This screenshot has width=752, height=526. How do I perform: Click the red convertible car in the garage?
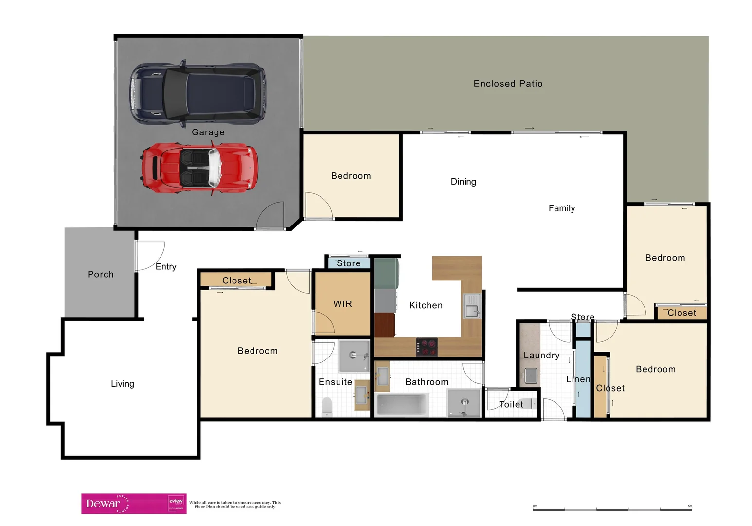click(199, 168)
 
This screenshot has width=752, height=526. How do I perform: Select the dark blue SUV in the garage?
click(197, 93)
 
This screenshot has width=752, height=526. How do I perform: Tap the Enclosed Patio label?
click(508, 84)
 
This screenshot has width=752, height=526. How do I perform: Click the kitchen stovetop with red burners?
click(427, 347)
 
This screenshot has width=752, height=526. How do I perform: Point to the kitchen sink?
click(471, 306)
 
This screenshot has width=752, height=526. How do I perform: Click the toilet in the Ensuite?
click(327, 407)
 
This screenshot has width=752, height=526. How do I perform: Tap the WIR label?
click(342, 304)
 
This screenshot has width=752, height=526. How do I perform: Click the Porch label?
click(101, 274)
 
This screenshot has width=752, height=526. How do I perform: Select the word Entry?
click(166, 267)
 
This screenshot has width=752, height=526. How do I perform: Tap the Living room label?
click(123, 384)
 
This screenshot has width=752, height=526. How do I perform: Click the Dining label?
click(463, 182)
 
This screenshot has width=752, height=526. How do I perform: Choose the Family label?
click(562, 208)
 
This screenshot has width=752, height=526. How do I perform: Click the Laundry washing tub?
click(531, 376)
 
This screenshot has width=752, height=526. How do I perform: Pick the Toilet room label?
click(511, 404)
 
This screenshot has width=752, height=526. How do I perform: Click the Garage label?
click(208, 132)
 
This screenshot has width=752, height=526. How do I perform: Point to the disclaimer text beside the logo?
click(235, 505)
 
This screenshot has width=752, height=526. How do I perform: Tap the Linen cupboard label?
click(578, 379)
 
